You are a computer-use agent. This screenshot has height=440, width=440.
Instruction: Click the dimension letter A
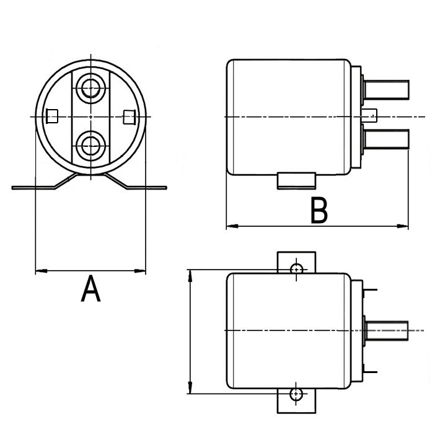90,290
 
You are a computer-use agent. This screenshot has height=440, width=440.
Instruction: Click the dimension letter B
319,211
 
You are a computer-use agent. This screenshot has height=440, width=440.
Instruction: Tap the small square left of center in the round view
53,116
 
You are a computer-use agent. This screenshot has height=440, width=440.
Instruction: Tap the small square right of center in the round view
129,116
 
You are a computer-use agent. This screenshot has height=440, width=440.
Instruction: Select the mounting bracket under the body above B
296,180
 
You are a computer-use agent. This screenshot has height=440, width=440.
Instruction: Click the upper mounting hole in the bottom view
297,269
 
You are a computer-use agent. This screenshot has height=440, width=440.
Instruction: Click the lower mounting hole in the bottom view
297,394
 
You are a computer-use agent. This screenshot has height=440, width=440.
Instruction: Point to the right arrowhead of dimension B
403,226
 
